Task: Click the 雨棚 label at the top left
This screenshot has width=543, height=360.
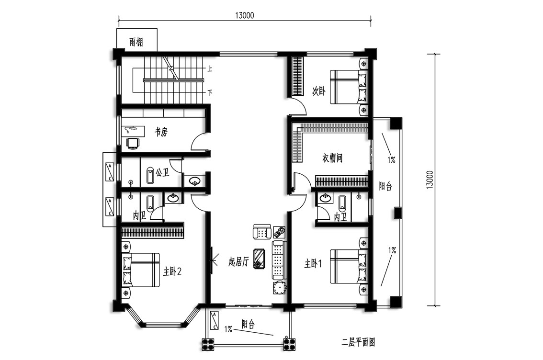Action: click(x=136, y=42)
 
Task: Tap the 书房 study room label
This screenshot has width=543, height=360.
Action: click(x=161, y=132)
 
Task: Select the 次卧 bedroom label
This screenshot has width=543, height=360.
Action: click(x=319, y=91)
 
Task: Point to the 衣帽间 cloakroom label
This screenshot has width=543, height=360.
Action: click(x=332, y=158)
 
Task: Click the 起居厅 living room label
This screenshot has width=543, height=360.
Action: click(x=238, y=262)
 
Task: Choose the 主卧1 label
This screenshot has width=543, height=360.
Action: click(x=313, y=264)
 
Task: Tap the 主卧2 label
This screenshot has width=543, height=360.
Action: click(x=172, y=272)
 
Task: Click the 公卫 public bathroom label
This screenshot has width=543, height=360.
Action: click(x=162, y=172)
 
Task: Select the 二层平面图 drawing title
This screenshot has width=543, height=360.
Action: click(x=359, y=343)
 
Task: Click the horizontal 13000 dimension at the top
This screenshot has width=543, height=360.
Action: click(x=245, y=15)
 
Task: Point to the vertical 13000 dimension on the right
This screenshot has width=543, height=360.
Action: click(x=430, y=180)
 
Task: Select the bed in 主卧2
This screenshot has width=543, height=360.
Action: click(x=141, y=270)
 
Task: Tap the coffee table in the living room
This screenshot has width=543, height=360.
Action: click(x=260, y=258)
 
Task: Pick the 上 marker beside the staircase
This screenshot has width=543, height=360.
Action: click(x=210, y=69)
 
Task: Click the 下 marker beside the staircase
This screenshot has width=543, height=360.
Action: click(x=210, y=93)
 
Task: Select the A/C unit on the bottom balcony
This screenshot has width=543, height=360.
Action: click(x=215, y=320)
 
